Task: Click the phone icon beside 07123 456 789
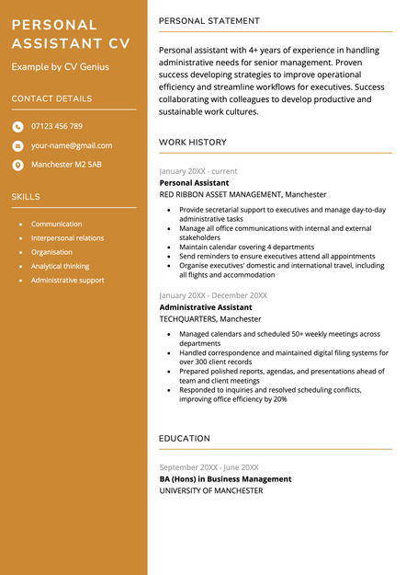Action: point(18,127)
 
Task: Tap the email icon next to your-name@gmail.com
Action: point(18,145)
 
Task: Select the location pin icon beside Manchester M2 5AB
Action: point(18,165)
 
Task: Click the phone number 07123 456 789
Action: point(57,126)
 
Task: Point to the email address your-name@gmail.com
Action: point(72,145)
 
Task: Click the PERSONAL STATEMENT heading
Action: point(209,20)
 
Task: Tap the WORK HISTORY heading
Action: point(192,143)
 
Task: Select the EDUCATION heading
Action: point(185,439)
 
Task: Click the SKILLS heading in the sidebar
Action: point(26,196)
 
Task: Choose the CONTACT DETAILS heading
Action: point(51,98)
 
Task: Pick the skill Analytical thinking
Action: point(61,266)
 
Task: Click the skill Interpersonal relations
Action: point(67,238)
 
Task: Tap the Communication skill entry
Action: point(56,224)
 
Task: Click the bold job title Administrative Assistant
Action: point(206,307)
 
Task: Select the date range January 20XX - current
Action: point(198,171)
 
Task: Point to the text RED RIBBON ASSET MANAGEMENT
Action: point(220,195)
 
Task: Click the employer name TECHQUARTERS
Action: point(187,319)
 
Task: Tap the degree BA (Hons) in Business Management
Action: point(225,479)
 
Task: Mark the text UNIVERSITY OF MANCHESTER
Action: point(211,491)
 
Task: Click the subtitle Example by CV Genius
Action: point(60,67)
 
